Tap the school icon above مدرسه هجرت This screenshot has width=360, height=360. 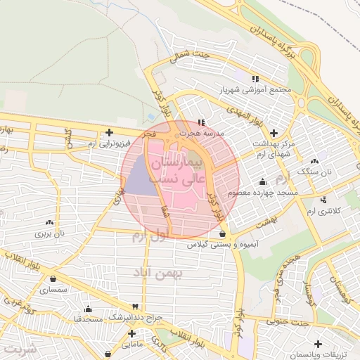coord(202,122)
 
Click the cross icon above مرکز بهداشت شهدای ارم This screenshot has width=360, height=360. coord(274,132)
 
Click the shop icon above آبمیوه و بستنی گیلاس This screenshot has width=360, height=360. coord(222,234)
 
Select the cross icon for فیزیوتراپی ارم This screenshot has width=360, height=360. coord(109,132)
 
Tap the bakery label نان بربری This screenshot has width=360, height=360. coord(51,233)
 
